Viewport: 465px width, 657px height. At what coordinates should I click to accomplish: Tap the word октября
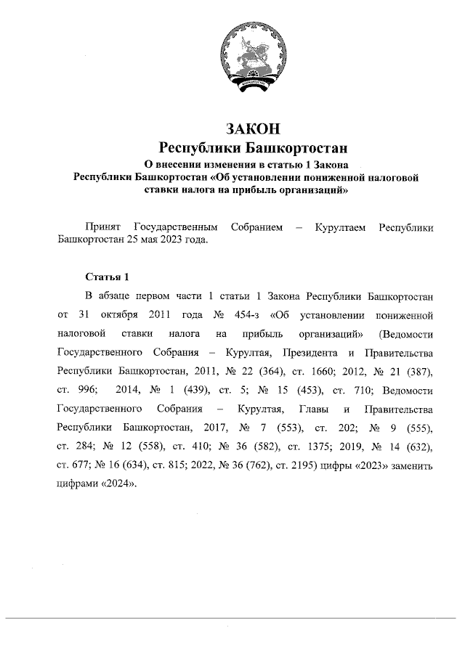coord(117,316)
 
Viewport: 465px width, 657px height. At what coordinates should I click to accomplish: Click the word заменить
coord(412,467)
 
